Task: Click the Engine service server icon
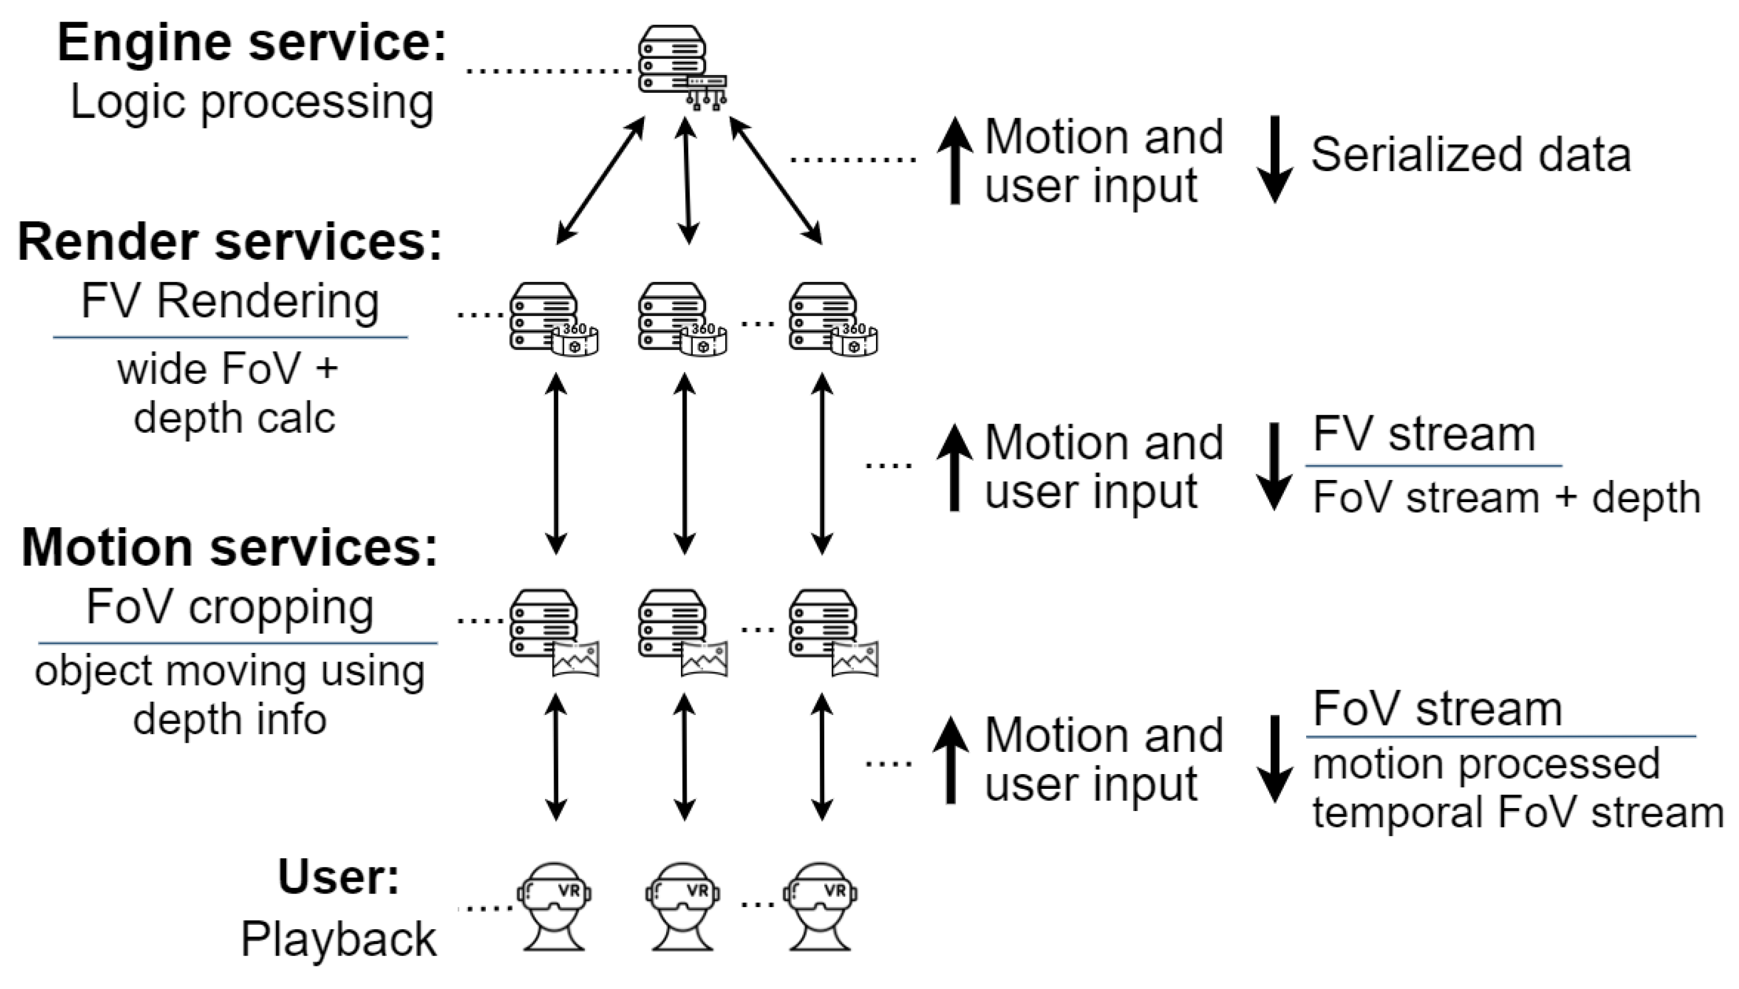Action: pyautogui.click(x=681, y=67)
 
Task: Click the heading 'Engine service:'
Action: pyautogui.click(x=252, y=42)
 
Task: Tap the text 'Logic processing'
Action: pyautogui.click(x=252, y=102)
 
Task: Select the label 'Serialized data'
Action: pyautogui.click(x=1470, y=155)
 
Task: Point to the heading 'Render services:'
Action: pyautogui.click(x=230, y=242)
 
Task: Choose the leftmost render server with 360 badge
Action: pyautogui.click(x=553, y=319)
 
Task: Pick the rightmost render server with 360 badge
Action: pyautogui.click(x=833, y=319)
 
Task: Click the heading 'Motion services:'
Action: pyautogui.click(x=230, y=548)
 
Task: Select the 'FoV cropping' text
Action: pyautogui.click(x=230, y=607)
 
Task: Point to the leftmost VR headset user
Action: pyautogui.click(x=554, y=907)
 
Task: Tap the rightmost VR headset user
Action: pyautogui.click(x=820, y=907)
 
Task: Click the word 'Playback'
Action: pyautogui.click(x=339, y=940)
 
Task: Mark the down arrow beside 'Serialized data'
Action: pyautogui.click(x=1275, y=160)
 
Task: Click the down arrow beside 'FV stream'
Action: pyautogui.click(x=1275, y=467)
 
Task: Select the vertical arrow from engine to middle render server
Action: pyautogui.click(x=687, y=181)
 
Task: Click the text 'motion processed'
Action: pyautogui.click(x=1486, y=763)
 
